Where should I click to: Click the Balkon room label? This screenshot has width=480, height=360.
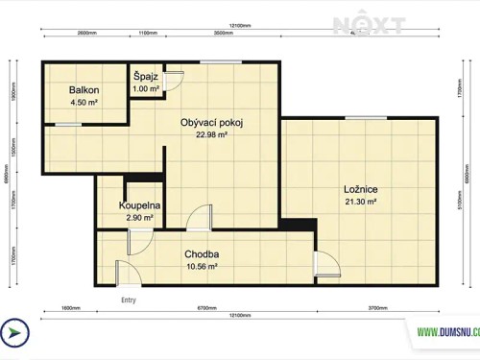84,90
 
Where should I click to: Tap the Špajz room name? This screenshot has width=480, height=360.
146,77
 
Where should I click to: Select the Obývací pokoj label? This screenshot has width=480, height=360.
212,122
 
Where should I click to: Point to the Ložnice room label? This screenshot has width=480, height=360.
360,189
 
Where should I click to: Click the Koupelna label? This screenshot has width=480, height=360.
139,206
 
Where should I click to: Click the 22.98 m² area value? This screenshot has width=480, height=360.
211,135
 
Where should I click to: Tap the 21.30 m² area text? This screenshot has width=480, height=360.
360,202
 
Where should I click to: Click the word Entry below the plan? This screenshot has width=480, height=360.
128,300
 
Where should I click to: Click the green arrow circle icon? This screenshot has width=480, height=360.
14,332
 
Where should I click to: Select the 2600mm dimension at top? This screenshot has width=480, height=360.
85,34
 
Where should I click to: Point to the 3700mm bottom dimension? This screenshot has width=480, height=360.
377,308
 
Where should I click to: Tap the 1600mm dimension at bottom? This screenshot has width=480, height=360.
70,308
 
